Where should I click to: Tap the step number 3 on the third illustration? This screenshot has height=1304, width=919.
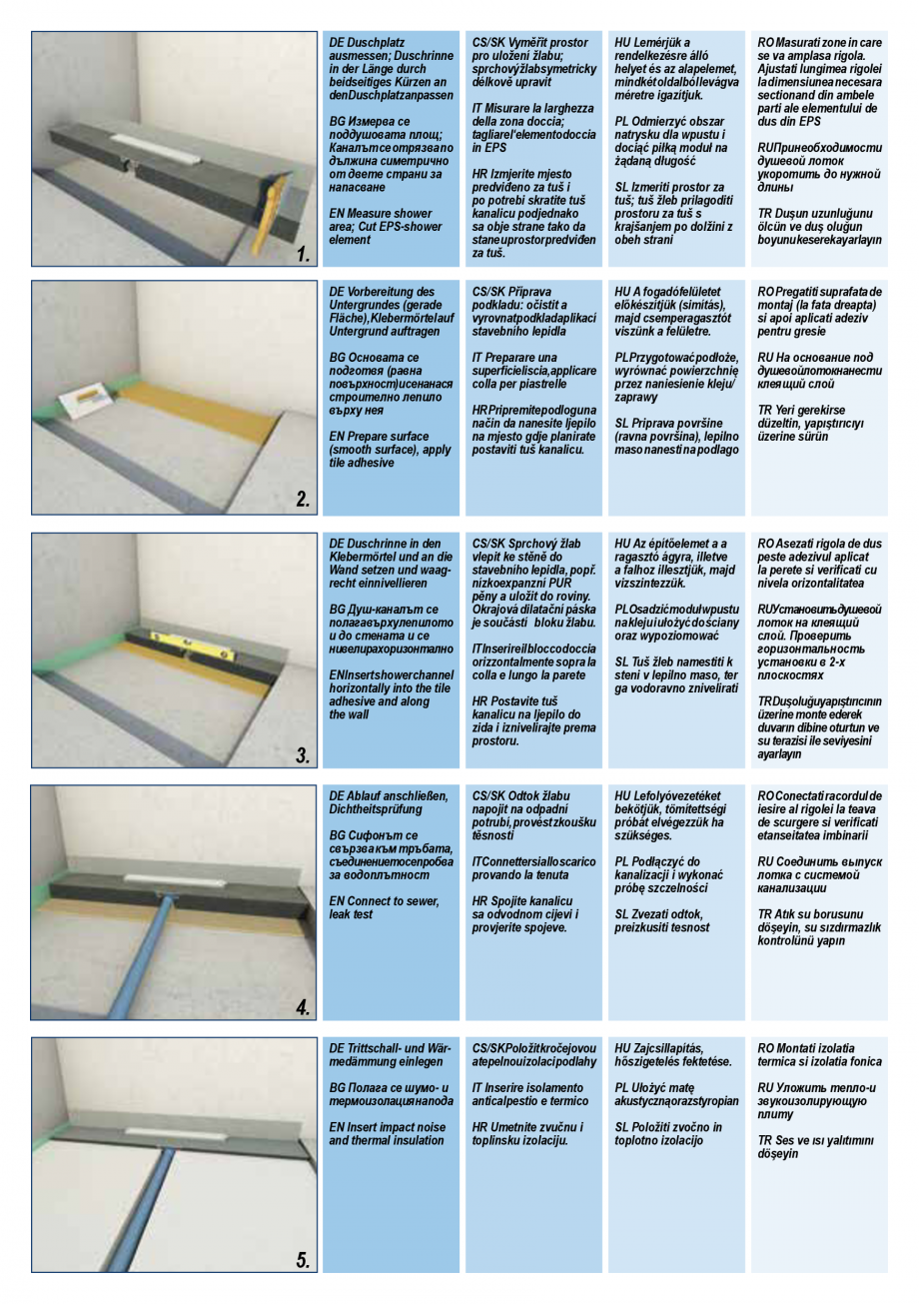tap(303, 755)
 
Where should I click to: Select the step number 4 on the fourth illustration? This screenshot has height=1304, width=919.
tap(303, 1007)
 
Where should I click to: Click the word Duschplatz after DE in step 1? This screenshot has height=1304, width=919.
tap(373, 44)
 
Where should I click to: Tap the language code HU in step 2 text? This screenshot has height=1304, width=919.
tap(622, 292)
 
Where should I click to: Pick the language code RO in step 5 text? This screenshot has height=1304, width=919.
tap(766, 1048)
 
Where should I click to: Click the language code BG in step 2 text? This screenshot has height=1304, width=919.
tap(338, 357)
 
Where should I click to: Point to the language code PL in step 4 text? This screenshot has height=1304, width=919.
tap(621, 861)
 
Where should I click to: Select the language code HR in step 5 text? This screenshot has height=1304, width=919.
tap(480, 1127)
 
